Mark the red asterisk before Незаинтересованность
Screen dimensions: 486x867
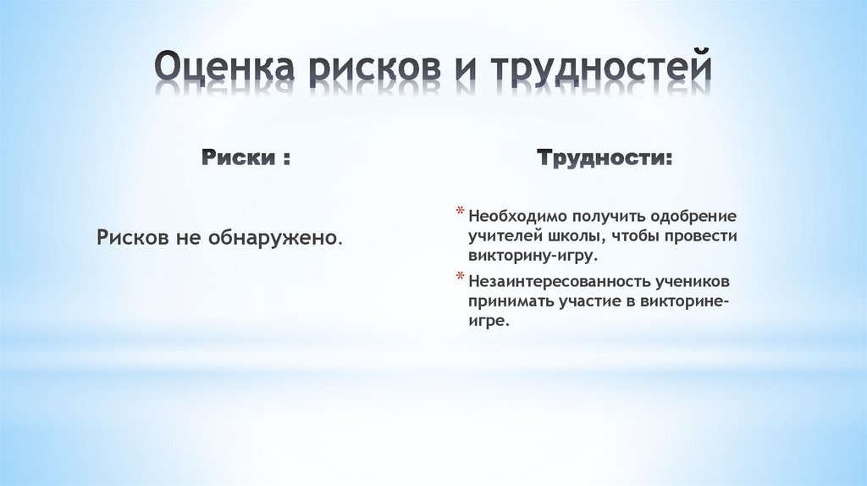(460, 278)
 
